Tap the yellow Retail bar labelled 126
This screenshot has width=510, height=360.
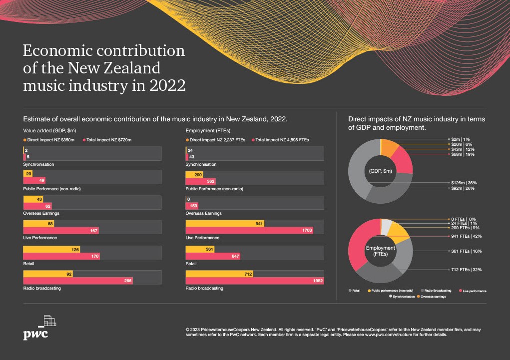pyautogui.click(x=51, y=249)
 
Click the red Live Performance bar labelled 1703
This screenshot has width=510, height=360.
pyautogui.click(x=249, y=231)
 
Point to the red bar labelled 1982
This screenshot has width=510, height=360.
pyautogui.click(x=255, y=281)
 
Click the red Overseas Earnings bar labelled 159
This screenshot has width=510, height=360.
pyautogui.click(x=192, y=206)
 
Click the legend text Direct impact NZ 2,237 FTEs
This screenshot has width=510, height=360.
pyautogui.click(x=217, y=140)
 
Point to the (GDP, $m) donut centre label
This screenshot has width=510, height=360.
pyautogui.click(x=380, y=171)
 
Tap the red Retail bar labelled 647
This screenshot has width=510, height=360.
pyautogui.click(x=213, y=256)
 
